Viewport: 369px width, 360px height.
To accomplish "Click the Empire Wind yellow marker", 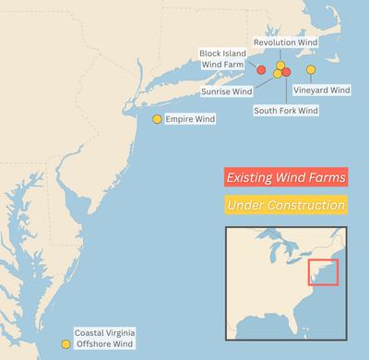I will [157, 119].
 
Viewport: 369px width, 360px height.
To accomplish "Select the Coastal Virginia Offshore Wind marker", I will [65, 344].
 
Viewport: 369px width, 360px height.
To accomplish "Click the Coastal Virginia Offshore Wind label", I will [103, 338].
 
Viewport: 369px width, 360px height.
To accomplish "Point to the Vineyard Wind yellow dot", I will [310, 70].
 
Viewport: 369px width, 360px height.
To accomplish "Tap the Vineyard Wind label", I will [321, 90].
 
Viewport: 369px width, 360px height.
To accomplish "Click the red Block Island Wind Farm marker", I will [261, 70].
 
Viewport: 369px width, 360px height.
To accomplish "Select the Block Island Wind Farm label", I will [220, 58].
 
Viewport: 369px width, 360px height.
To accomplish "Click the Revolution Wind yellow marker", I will [280, 66].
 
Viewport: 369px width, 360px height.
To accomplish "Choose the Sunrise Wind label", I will [227, 91].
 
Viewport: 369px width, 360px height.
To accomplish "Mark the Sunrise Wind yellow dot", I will [277, 74].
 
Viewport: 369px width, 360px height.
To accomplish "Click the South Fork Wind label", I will [285, 111].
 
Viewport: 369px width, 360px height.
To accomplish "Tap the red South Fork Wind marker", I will [286, 72].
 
